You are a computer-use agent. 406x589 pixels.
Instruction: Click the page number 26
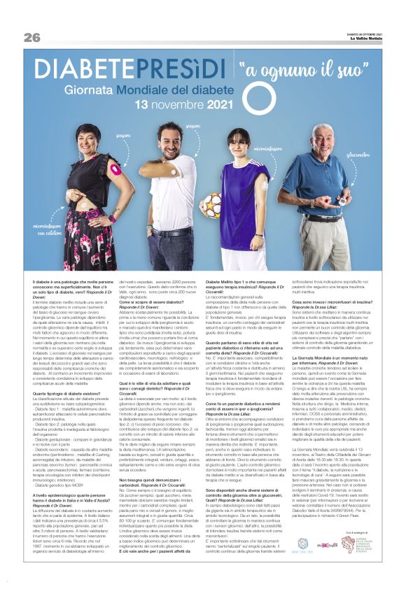coord(31,37)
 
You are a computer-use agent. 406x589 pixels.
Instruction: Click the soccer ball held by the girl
coord(213,204)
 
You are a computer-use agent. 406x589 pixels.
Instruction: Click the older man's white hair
coord(321,130)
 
